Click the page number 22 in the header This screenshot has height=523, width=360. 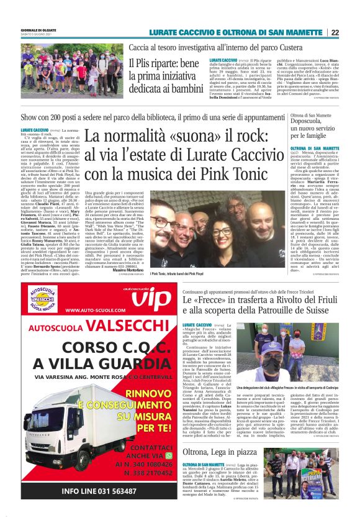coord(352,32)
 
